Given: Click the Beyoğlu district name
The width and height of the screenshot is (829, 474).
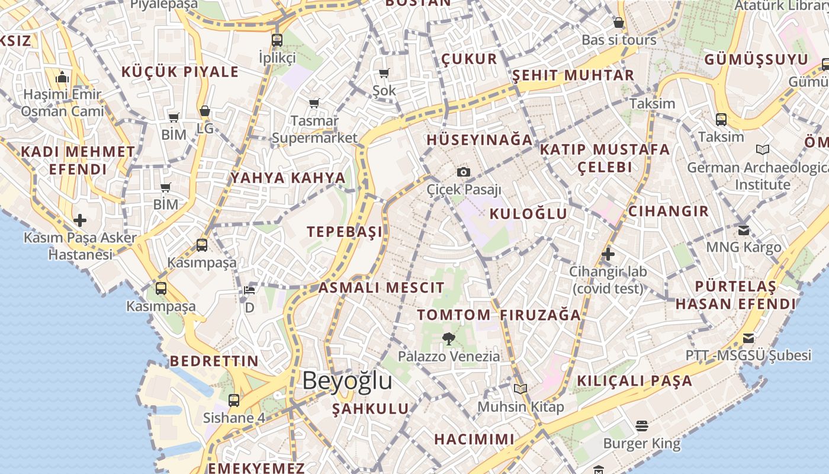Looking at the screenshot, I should click(347, 380).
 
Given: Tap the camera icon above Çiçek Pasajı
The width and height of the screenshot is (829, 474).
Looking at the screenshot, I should click(464, 172).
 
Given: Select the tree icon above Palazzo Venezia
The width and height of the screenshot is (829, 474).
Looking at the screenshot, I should click(449, 339).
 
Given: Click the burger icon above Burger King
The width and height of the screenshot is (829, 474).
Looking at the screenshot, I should click(641, 425).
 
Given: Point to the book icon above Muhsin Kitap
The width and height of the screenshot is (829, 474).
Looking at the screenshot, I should click(520, 389).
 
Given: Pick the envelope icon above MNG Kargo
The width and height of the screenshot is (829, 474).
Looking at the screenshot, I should click(744, 230).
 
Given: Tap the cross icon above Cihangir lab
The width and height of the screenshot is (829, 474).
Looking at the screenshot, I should click(608, 255).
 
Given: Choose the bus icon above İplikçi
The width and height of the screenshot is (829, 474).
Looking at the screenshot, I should click(277, 40).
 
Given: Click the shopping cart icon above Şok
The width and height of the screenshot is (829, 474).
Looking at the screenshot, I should click(384, 73).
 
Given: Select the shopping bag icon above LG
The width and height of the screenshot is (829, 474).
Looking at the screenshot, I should click(204, 111).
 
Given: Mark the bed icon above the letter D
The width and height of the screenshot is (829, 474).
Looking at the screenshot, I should click(249, 290).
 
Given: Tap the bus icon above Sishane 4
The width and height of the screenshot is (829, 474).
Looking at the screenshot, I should click(234, 400).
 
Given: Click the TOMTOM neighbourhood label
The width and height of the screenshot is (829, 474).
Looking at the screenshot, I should click(454, 315).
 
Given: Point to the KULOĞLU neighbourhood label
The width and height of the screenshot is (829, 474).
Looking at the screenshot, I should click(528, 214).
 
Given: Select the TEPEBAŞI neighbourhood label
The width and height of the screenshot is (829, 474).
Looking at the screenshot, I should click(345, 232).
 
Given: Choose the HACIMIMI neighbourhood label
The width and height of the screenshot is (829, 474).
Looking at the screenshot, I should click(474, 439).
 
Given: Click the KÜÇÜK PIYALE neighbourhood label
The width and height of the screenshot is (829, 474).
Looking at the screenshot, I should click(180, 72).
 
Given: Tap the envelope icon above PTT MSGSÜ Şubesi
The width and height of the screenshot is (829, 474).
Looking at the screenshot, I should click(748, 338).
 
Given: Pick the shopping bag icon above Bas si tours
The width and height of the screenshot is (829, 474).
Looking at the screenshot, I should click(619, 23).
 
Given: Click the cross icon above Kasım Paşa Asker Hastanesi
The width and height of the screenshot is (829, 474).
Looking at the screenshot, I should click(80, 221).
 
